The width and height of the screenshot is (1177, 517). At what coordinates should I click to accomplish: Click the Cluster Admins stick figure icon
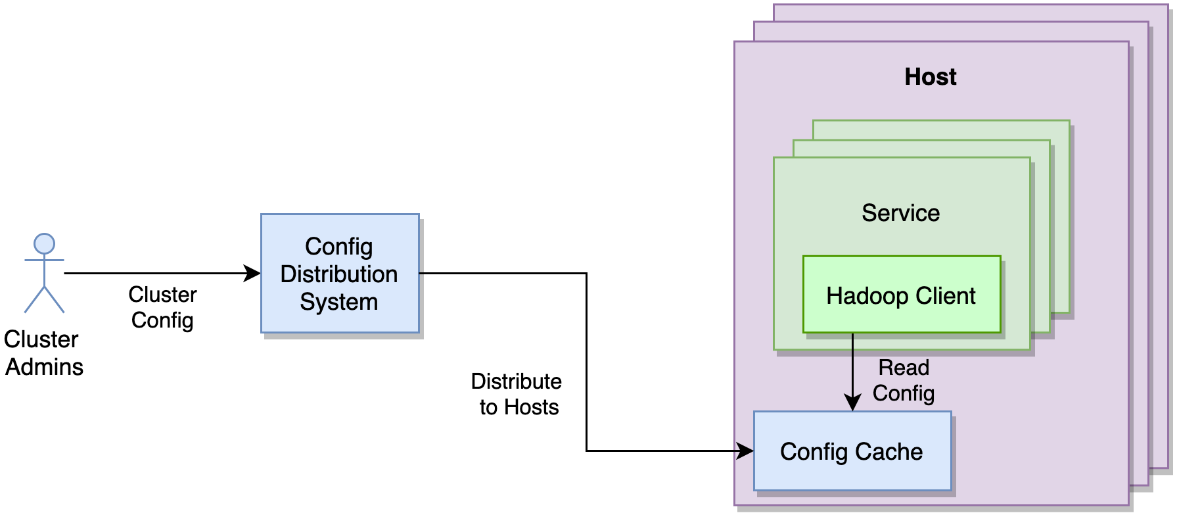pyautogui.click(x=44, y=273)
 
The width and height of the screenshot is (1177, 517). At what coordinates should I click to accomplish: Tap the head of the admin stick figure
pyautogui.click(x=44, y=243)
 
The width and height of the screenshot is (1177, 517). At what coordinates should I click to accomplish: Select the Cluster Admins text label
pyautogui.click(x=43, y=353)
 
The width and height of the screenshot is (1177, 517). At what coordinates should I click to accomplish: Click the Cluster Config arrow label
pyautogui.click(x=162, y=307)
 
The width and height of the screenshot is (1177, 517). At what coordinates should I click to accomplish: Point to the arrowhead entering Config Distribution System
pyautogui.click(x=253, y=273)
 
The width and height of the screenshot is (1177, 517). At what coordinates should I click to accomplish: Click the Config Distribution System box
pyautogui.click(x=340, y=273)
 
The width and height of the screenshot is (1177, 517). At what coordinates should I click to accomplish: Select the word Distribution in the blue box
pyautogui.click(x=339, y=274)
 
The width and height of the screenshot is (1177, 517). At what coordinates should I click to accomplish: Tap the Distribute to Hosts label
pyautogui.click(x=517, y=394)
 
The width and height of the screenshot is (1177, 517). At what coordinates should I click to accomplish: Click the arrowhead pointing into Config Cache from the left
pyautogui.click(x=746, y=451)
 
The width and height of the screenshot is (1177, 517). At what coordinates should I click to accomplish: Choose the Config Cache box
pyautogui.click(x=852, y=451)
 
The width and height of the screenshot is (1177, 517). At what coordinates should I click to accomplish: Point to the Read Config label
pyautogui.click(x=904, y=380)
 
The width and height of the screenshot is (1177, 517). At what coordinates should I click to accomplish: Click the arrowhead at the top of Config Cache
pyautogui.click(x=852, y=403)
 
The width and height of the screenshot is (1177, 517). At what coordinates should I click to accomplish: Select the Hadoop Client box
pyautogui.click(x=902, y=295)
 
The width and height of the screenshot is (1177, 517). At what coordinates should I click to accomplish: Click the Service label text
pyautogui.click(x=900, y=213)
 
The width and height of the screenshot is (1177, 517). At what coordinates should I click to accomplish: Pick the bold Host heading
pyautogui.click(x=931, y=77)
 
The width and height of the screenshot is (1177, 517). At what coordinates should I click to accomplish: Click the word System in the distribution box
pyautogui.click(x=339, y=302)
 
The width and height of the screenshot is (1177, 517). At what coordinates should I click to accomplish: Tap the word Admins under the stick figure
pyautogui.click(x=45, y=367)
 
